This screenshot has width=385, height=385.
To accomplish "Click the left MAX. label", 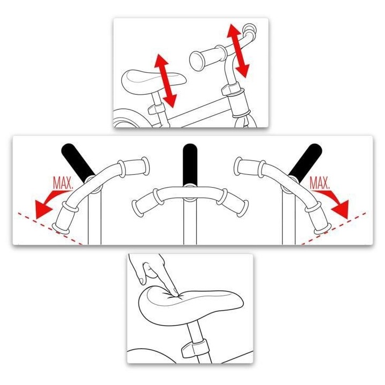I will tap(63, 183).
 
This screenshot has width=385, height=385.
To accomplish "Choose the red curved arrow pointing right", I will tap(335, 202).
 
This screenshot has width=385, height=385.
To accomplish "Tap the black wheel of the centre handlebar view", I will tap(189, 163).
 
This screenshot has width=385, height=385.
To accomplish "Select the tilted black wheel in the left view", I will tap(78, 160).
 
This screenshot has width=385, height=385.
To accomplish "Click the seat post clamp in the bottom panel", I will tap(191, 350).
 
